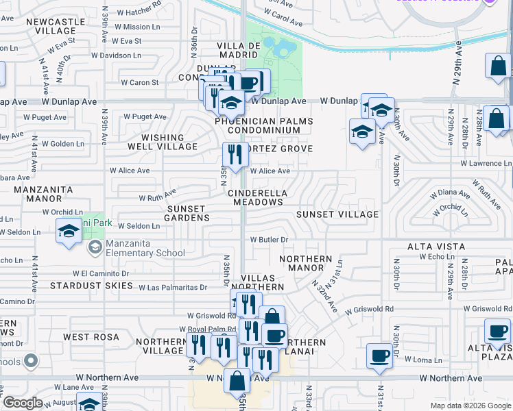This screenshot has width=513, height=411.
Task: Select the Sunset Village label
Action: [x=337, y=214]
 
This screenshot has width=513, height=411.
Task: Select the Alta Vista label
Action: [x=436, y=247]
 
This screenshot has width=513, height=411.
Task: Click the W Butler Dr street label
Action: [x=268, y=240]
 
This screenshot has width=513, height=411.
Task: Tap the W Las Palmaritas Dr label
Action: [x=173, y=288]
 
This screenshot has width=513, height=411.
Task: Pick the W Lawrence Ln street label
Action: [x=486, y=164]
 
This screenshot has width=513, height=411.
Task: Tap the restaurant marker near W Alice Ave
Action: [x=236, y=155]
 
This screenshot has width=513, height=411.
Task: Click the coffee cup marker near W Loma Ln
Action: [x=379, y=356]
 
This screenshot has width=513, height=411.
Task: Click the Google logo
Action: [x=23, y=403]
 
